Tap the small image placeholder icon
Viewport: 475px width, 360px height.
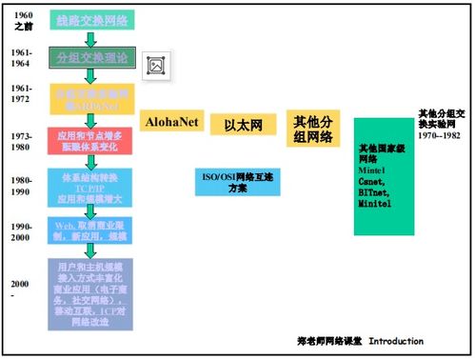155,65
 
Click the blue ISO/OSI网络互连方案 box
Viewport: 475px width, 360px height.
237,181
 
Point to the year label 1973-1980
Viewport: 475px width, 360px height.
24,140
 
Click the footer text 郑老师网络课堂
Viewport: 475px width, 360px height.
328,340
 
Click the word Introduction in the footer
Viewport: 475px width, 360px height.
396,340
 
